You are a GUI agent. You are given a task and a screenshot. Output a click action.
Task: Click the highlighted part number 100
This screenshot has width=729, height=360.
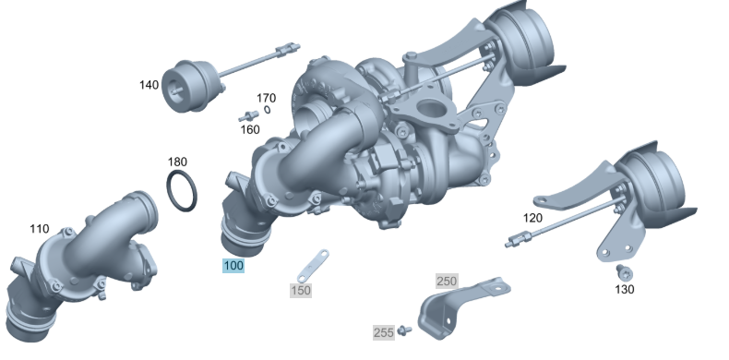pos(233,266)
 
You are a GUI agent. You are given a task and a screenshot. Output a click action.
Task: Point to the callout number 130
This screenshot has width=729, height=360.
pos(625,289)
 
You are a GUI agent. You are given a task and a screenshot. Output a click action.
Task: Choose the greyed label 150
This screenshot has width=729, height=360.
pos(301,291)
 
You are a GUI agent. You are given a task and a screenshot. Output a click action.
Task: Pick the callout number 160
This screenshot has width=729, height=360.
pos(250,129)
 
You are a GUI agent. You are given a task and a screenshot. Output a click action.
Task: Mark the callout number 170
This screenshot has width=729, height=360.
pos(266,98)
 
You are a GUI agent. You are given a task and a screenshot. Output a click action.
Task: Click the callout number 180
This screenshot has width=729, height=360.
pos(177,162)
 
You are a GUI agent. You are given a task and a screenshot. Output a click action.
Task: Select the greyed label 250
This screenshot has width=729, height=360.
pos(447,280)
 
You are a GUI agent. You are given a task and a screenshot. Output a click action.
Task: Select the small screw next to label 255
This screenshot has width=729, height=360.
pos(403,330)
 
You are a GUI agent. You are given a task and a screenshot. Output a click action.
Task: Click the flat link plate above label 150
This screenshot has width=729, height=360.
pos(312,263)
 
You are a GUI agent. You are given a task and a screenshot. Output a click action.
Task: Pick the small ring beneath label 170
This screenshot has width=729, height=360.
pos(267,110)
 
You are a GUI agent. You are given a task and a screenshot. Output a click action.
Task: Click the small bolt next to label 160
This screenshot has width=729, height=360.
pos(247,116)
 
